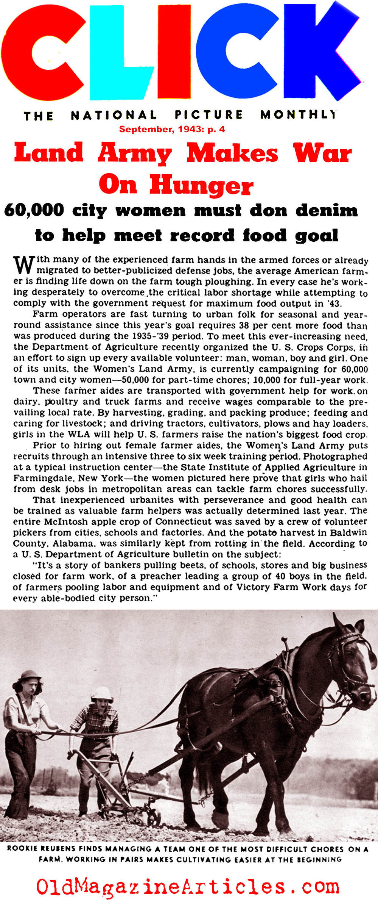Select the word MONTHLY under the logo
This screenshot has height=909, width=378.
[x=298, y=114]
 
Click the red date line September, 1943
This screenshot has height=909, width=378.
[x=172, y=129]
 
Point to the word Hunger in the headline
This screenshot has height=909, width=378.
[x=201, y=186]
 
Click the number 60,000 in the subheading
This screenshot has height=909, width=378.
[x=34, y=210]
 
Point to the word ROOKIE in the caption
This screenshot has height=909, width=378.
[x=22, y=849]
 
